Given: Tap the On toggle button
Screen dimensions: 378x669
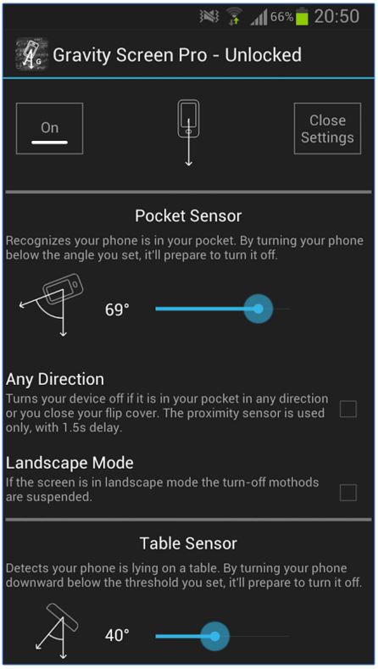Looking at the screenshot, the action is point(49,128).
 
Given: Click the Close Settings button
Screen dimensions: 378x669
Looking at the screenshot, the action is point(327,128).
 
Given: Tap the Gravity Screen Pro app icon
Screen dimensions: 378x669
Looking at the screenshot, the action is point(31,54).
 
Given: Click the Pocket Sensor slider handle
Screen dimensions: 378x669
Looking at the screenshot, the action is point(258,309).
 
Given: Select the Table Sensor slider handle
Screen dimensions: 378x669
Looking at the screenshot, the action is point(214,636).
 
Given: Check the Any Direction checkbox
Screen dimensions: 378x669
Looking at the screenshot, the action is point(348,409).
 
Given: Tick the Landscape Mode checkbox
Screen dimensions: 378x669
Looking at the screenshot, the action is point(348,493).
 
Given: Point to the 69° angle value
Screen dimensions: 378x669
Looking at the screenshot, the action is point(117,309).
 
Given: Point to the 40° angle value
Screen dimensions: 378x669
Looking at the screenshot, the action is point(117,635).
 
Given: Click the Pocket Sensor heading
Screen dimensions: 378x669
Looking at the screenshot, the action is point(188,215).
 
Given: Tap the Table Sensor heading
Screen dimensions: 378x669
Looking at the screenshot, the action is point(188,544).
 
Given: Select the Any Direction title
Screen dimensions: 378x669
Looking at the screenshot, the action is point(55,379).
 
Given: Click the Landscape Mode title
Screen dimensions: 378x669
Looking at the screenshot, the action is point(69,463).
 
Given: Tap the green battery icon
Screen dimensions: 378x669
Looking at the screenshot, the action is point(302,17).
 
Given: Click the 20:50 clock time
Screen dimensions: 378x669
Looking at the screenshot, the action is point(336,16).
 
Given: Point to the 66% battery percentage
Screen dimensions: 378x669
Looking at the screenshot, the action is point(281,17).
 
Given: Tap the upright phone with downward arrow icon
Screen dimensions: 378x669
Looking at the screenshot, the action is point(188,132).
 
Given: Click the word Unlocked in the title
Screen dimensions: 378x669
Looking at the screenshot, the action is point(264,54).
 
